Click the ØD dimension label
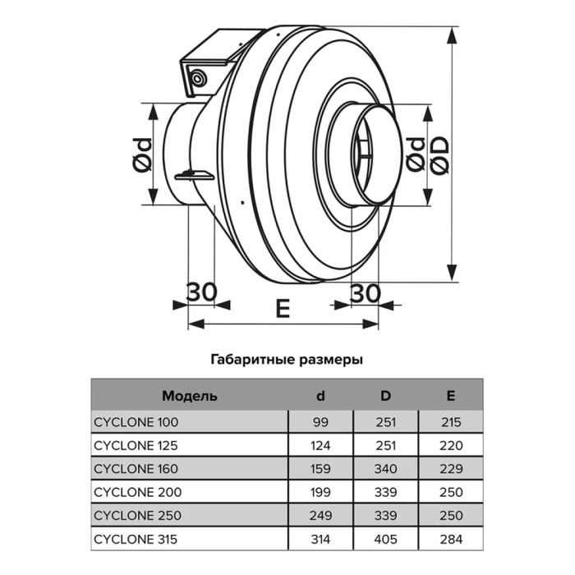[x=439, y=155]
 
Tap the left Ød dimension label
[x=142, y=155]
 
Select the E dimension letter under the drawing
[x=283, y=308]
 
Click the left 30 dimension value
[x=201, y=292]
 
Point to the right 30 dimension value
[x=366, y=293]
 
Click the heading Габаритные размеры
[x=287, y=360]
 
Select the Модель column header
[x=190, y=396]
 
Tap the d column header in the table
[x=320, y=396]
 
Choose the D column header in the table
[x=386, y=396]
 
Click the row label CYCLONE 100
[x=136, y=422]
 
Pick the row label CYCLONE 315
[x=136, y=539]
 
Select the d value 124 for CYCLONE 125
[x=320, y=445]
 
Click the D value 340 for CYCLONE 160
[x=386, y=469]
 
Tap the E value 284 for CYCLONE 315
[x=451, y=539]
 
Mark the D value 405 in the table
[x=386, y=539]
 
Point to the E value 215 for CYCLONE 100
[x=451, y=422]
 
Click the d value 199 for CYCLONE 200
[x=320, y=492]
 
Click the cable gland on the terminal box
[x=199, y=78]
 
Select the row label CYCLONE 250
[x=137, y=516]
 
